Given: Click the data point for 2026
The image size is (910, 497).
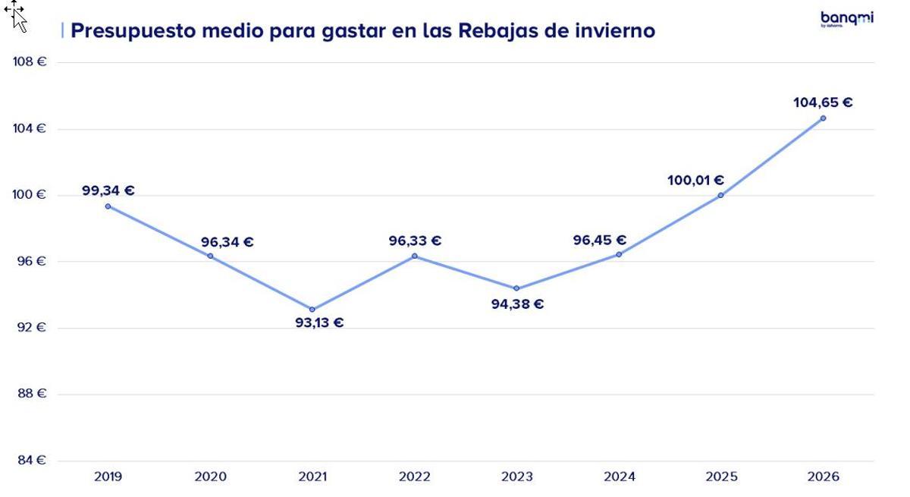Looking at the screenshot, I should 823,118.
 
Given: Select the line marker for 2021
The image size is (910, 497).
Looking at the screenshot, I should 312,309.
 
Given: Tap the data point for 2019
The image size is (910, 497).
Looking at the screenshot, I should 108,206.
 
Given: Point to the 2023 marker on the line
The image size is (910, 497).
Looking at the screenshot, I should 516,288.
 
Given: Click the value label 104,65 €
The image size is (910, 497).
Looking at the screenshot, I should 823,102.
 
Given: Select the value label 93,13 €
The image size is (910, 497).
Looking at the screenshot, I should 319,322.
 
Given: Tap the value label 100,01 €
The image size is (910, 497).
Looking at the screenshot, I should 695,181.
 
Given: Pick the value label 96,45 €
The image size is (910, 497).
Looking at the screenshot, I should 599,241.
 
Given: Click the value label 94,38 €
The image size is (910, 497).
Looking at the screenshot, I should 517,304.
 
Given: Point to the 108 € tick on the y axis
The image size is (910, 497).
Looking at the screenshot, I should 30,62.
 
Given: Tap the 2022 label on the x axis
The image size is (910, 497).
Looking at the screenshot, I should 414,477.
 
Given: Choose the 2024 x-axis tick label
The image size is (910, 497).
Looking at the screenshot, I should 619,477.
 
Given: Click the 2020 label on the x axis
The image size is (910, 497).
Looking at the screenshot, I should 210,477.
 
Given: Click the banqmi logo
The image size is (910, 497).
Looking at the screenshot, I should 846,19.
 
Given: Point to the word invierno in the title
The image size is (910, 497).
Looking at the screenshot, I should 615,31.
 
